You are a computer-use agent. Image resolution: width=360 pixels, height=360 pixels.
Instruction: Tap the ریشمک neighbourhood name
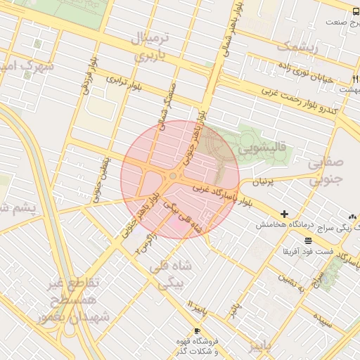tap(297, 48)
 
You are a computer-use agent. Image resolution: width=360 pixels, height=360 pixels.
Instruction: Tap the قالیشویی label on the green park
tap(261, 149)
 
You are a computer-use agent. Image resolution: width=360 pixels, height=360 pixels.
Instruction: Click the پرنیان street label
tap(257, 181)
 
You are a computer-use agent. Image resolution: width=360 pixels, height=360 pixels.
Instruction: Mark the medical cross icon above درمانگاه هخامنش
tap(284, 214)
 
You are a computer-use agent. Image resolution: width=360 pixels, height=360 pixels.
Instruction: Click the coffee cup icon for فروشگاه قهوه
tap(197, 330)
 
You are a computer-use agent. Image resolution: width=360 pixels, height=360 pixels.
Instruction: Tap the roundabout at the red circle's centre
tap(174, 176)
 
